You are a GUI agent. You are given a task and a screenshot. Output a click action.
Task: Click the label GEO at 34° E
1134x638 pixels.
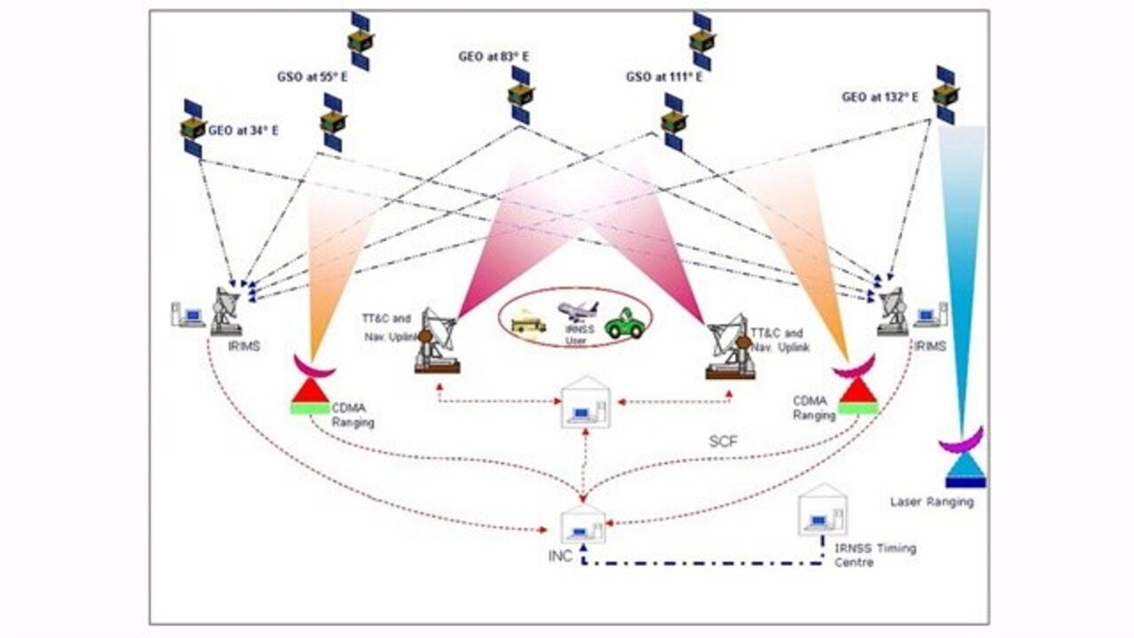pos(243,130)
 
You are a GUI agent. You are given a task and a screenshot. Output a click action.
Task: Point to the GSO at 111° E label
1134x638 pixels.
pos(664,77)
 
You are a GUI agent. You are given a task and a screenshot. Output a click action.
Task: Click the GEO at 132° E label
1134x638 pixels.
pos(880,97)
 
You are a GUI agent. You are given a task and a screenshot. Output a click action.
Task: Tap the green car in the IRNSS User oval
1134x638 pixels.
pos(624,325)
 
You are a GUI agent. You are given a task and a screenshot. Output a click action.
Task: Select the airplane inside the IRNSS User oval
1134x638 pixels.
pos(577,310)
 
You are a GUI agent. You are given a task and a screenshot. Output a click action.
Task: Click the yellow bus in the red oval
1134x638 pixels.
pos(528,323)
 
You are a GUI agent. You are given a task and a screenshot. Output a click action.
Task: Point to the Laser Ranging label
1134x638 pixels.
pos(931,502)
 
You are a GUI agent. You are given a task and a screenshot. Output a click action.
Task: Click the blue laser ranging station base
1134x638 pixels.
pos(965,481)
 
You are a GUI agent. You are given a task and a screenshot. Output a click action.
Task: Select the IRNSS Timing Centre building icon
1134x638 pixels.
pos(821,510)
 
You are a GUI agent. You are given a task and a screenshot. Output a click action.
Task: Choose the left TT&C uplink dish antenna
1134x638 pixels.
pos(437,338)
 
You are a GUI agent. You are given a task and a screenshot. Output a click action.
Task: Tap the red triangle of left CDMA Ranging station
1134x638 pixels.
pos(310,391)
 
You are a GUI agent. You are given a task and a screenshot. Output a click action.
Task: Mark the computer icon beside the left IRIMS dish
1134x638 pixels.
pos(188,314)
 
